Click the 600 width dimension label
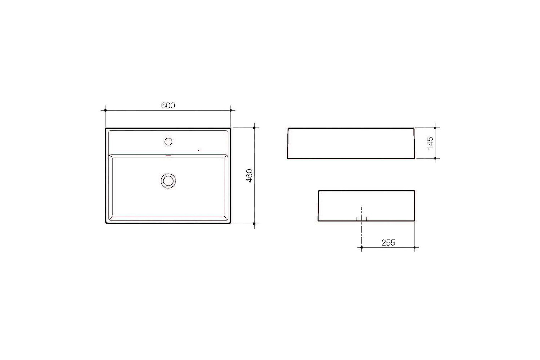click(x=168, y=105)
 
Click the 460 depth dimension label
click(x=249, y=176)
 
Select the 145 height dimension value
click(x=430, y=143)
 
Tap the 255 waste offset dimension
click(x=388, y=243)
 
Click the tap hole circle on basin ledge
click(x=168, y=141)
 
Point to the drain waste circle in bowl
click(x=168, y=180)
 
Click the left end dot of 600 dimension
click(x=105, y=110)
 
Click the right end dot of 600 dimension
click(x=231, y=110)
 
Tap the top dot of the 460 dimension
click(x=255, y=127)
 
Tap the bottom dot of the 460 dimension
click(x=255, y=224)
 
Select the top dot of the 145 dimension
click(x=435, y=127)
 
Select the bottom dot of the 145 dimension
click(x=435, y=158)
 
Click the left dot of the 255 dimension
click(x=361, y=247)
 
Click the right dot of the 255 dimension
click(x=415, y=247)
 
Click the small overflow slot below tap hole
click(x=168, y=156)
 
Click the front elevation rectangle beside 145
click(x=351, y=143)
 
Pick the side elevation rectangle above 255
click(x=366, y=206)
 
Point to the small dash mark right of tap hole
click(x=199, y=149)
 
